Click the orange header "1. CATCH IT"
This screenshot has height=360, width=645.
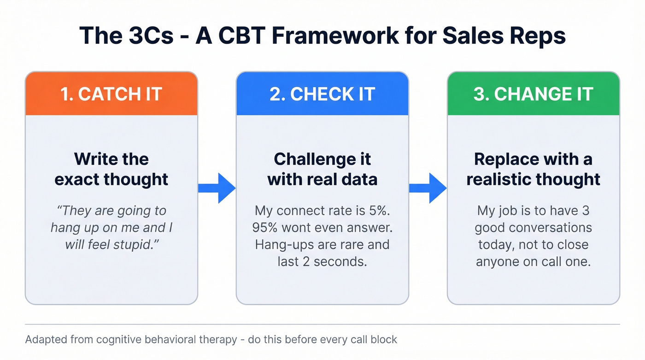tap(111, 94)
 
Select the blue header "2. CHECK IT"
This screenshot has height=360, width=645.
tap(322, 94)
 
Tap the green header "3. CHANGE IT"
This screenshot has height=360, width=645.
tap(533, 94)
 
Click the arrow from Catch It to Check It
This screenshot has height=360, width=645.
tap(217, 188)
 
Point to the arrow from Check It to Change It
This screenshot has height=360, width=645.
tap(428, 188)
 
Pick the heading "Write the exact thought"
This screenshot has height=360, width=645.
tap(111, 169)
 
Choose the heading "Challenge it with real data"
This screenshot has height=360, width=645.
tap(322, 169)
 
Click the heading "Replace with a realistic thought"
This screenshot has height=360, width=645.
tap(533, 169)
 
